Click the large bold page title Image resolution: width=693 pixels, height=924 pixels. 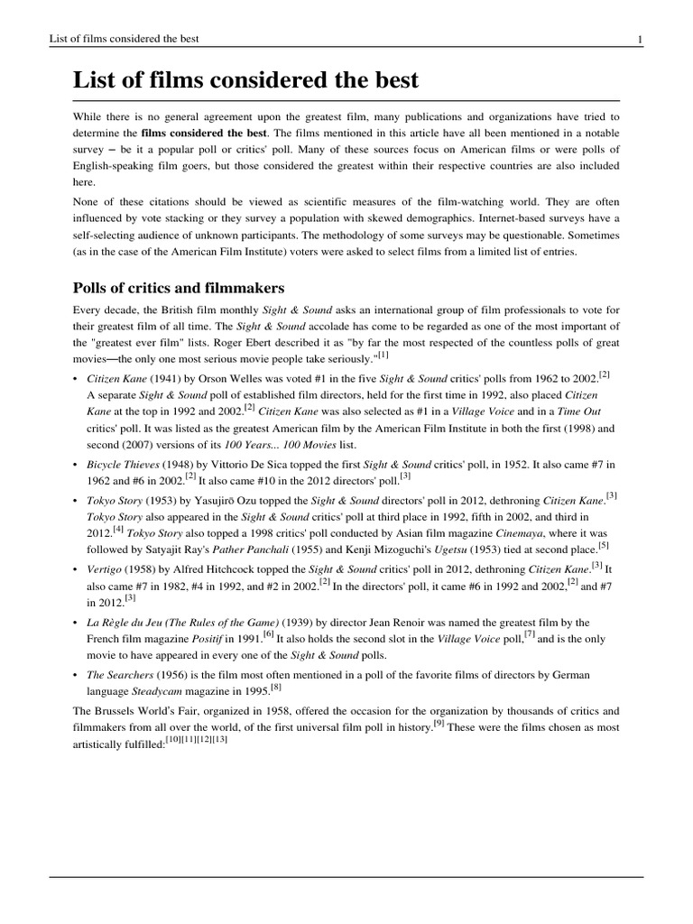click(245, 79)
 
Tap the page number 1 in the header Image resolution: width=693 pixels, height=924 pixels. click(640, 39)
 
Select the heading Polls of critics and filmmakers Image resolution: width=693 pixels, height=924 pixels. click(179, 288)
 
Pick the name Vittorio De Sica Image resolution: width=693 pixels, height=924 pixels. click(233, 463)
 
